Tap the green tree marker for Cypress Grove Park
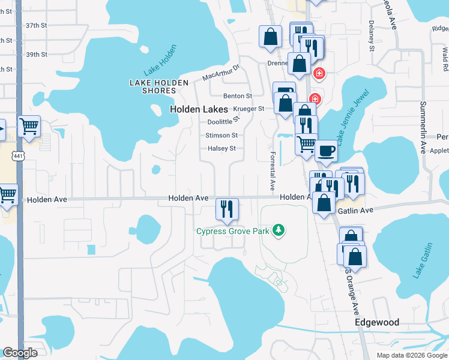pyautogui.click(x=278, y=230)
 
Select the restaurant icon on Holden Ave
pyautogui.click(x=227, y=209)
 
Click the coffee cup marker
pyautogui.click(x=326, y=151)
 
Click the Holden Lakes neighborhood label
pyautogui.click(x=199, y=110)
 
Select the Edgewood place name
pyautogui.click(x=377, y=322)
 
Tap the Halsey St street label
pyautogui.click(x=221, y=148)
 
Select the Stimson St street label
pyautogui.click(x=222, y=136)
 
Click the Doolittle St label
pyautogui.click(x=222, y=121)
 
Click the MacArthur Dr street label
pyautogui.click(x=221, y=74)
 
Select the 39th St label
pyautogui.click(x=37, y=55)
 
